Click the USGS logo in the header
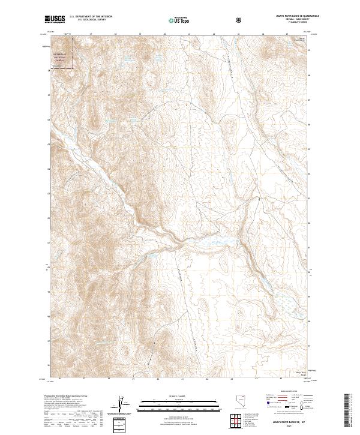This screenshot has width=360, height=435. click(x=55, y=20)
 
